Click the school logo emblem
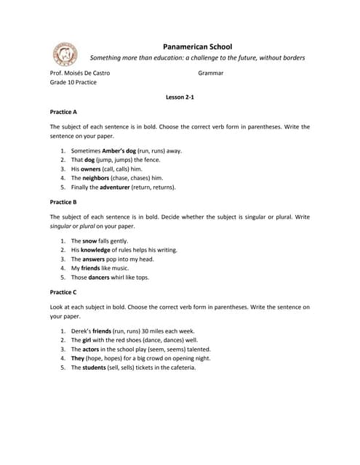pyautogui.click(x=65, y=53)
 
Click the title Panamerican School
pyautogui.click(x=196, y=46)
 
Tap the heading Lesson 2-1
pyautogui.click(x=180, y=97)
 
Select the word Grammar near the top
pyautogui.click(x=210, y=73)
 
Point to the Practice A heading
pyautogui.click(x=63, y=113)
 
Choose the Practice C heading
pyautogui.click(x=63, y=291)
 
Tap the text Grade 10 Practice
pyautogui.click(x=73, y=83)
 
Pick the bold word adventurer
pyautogui.click(x=115, y=187)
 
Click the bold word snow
pyautogui.click(x=89, y=240)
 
